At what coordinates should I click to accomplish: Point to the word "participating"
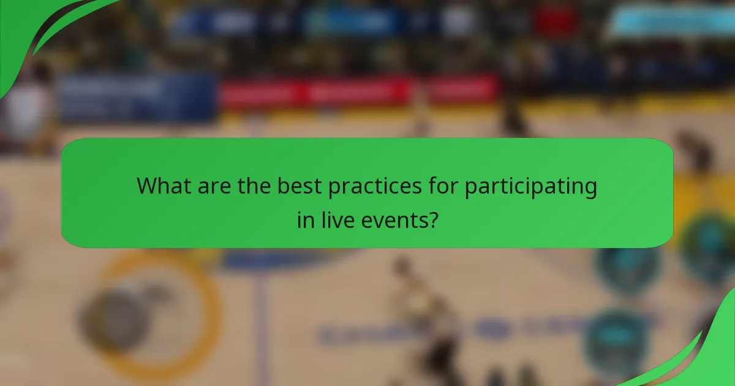pyautogui.click(x=530, y=186)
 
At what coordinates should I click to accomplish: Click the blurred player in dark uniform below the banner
pyautogui.click(x=429, y=319)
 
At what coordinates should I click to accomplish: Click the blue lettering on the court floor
pyautogui.click(x=367, y=334)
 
